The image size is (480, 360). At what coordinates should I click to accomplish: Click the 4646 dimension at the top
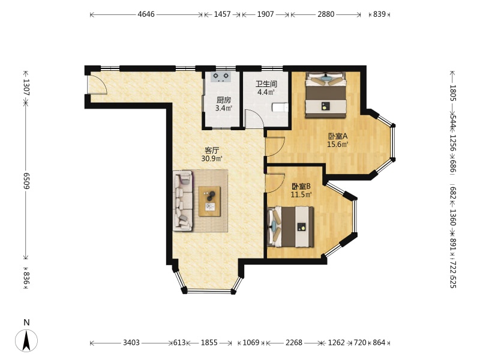pos(146,14)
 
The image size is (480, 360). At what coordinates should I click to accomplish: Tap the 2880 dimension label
pos(326,14)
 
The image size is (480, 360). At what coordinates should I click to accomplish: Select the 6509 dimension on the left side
pos(26,181)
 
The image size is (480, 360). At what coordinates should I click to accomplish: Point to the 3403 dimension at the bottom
pos(131,343)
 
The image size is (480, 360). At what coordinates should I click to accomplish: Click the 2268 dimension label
pos(294,343)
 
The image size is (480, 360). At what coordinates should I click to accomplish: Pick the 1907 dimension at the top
pos(265,14)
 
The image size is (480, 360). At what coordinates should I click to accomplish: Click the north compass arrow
pos(26,340)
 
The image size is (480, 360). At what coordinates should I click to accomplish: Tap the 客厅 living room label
pos(212,151)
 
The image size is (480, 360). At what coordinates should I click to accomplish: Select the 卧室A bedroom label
pos(338,136)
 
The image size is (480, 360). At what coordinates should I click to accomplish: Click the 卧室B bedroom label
pos(301,186)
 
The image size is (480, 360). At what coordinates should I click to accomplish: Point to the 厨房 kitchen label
pos(224,100)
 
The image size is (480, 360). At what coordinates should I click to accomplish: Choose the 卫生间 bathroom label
pos(266,84)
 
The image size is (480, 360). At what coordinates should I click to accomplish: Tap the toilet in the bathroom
pos(280,107)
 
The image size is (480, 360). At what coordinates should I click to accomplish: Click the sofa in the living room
pos(183,200)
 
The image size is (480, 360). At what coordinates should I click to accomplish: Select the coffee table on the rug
pos(209,202)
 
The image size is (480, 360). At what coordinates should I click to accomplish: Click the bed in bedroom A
pos(326,95)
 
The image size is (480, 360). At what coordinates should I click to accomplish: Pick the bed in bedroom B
pos(291,227)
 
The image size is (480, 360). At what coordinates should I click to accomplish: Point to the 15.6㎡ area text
pos(338,145)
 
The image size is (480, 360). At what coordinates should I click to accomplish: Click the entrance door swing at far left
pos(97,83)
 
